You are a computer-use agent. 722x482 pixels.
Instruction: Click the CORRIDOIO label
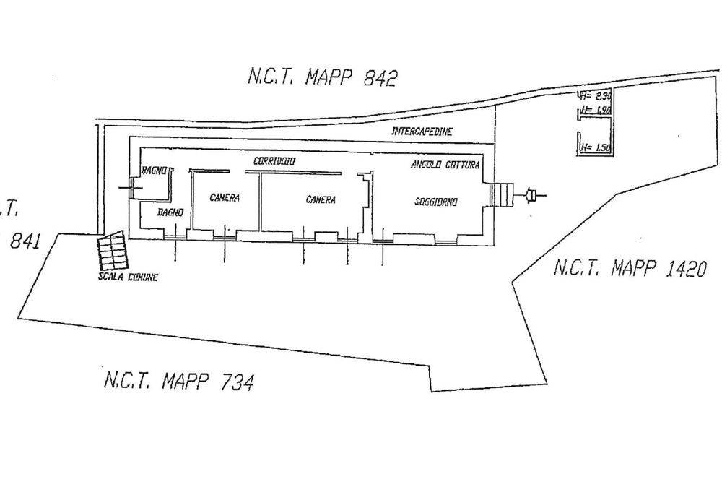275,160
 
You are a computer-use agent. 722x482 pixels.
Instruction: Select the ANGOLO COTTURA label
445,165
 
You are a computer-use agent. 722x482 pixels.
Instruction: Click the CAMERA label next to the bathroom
225,198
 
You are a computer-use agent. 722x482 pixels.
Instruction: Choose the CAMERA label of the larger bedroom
320,199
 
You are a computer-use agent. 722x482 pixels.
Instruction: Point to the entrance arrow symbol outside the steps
533,194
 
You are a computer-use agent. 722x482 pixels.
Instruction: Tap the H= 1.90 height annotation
596,111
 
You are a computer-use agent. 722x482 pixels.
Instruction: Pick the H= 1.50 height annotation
596,148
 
